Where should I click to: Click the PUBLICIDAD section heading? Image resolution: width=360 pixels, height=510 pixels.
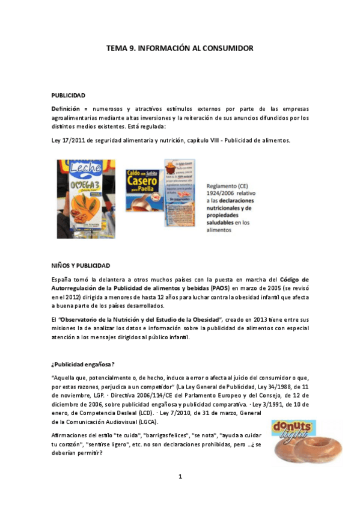coord(68,95)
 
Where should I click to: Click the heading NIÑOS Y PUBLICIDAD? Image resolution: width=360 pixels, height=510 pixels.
coord(80,265)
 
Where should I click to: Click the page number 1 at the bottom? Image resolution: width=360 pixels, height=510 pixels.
coord(180,477)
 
